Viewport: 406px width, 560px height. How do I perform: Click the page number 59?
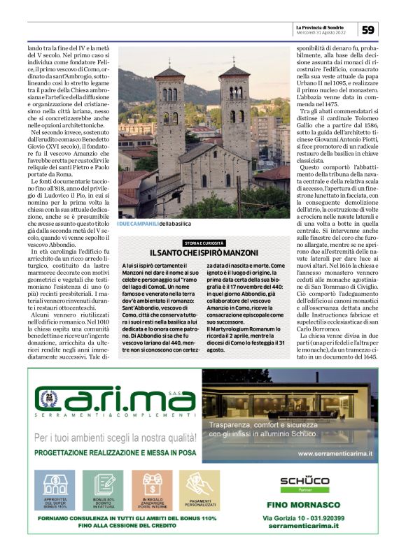click(369, 29)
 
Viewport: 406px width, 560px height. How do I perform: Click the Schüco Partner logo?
click(304, 484)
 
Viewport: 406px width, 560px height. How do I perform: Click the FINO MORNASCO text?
click(304, 505)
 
